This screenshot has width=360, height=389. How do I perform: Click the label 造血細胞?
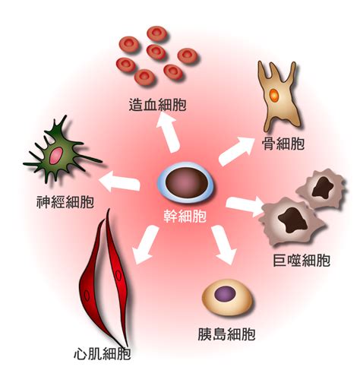tap(157, 104)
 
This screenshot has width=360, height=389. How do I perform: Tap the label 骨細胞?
tap(283, 144)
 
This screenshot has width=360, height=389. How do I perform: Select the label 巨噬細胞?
tap(302, 260)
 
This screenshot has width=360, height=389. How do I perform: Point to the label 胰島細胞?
tap(226, 334)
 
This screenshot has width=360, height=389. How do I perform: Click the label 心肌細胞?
tap(103, 353)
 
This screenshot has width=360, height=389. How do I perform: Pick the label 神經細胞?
tap(65, 202)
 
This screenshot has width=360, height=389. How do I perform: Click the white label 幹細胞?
tap(185, 217)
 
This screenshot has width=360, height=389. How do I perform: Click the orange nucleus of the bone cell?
tap(274, 95)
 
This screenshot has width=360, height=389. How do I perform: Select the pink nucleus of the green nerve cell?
tap(56, 156)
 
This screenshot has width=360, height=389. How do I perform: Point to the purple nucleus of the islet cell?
tap(225, 293)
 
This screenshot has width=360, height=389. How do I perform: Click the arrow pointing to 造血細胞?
tap(168, 131)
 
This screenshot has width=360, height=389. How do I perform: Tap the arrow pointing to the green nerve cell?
tap(119, 181)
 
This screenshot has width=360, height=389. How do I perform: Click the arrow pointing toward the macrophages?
tap(245, 204)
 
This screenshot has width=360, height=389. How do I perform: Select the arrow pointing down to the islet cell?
tap(224, 245)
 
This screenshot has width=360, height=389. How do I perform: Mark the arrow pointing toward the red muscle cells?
tap(145, 245)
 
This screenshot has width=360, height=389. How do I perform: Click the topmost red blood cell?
tap(157, 33)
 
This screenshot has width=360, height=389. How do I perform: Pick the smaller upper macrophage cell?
tap(321, 188)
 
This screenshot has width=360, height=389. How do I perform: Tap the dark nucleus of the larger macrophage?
tap(292, 220)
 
